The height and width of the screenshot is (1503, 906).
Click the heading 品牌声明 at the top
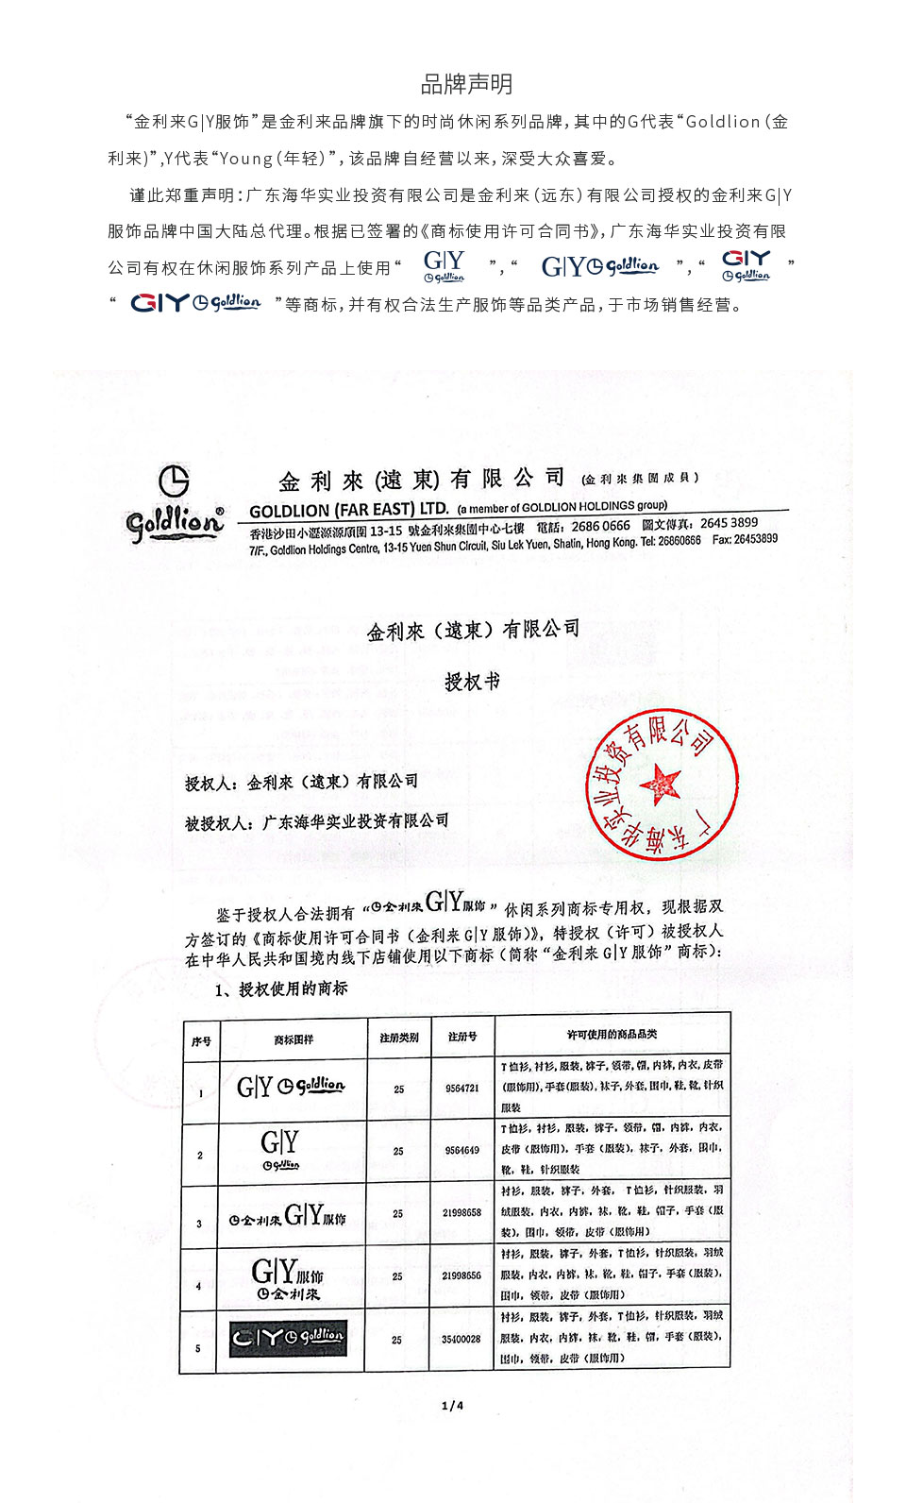point(466,85)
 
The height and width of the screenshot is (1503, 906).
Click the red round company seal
point(662,784)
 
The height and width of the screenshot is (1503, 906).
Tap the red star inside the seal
point(660,783)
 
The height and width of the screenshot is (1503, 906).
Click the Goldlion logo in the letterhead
point(175,505)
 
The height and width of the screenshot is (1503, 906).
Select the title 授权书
point(472,682)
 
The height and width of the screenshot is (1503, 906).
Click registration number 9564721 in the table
point(462,1089)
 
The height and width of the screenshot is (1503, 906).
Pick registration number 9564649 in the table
point(462,1151)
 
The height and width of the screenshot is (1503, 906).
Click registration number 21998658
point(462,1213)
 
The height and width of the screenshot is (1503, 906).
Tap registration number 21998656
point(462,1275)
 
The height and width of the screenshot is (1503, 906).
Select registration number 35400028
point(461,1339)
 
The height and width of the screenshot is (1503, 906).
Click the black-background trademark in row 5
point(289,1338)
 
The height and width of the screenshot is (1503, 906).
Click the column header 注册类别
point(398,1039)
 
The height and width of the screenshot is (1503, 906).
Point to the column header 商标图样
point(294,1039)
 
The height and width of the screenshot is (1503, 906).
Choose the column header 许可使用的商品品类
point(612,1036)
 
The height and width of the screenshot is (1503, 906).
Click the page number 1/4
point(453,1406)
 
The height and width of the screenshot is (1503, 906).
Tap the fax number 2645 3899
point(729,523)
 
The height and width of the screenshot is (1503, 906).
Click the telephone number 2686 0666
point(600,526)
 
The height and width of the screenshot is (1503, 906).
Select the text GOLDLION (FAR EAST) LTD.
point(348,510)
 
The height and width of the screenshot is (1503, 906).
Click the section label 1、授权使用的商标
point(282,988)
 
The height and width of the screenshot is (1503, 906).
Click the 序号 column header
point(201,1041)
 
